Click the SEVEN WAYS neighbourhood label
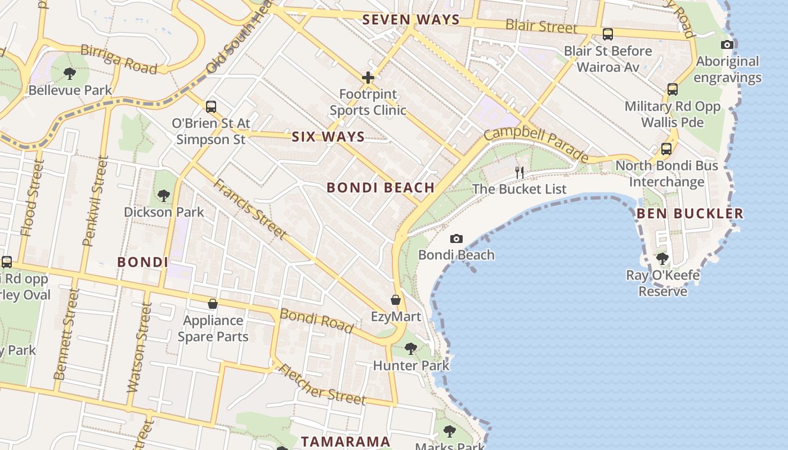coord(411,20)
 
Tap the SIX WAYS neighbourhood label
coord(328,137)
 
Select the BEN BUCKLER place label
coord(690,214)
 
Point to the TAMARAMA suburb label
coord(346,442)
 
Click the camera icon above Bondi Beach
coord(456,239)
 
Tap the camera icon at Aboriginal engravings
coord(727,45)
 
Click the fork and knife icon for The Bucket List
coord(520,173)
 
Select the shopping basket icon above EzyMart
coord(396,300)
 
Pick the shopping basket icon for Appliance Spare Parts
coord(213,304)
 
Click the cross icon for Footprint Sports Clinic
coord(368,78)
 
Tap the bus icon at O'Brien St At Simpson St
coord(211,106)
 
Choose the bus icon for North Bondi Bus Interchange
coord(666,149)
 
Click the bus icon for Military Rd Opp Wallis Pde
coord(672,89)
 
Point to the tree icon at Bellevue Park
coord(70,73)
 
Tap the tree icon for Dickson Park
coord(164,196)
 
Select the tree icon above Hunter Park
coord(411,349)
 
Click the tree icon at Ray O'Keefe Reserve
coord(662,259)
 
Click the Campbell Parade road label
coord(536,145)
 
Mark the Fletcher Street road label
coord(322,385)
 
